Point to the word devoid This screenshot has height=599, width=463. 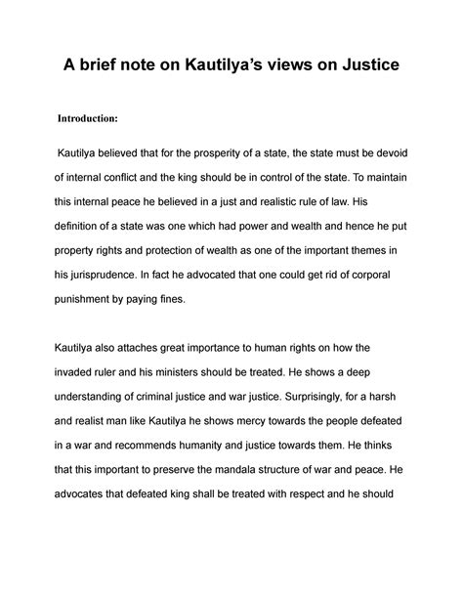(398, 154)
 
